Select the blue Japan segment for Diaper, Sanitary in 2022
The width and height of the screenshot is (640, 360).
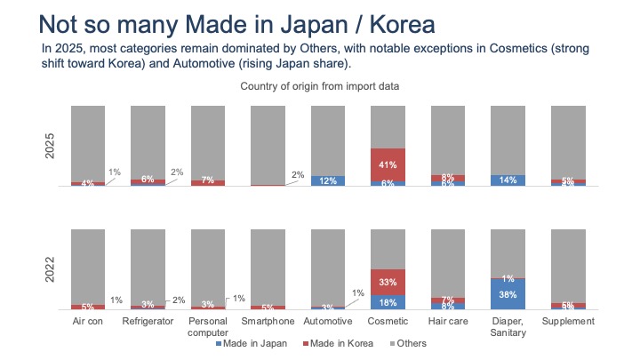coord(508,293)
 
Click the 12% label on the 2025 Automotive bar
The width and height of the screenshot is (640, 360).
coord(327,181)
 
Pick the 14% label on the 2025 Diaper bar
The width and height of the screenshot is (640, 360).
coord(508,180)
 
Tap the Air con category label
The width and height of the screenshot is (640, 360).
coord(87,321)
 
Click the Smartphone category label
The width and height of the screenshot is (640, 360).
coord(267,321)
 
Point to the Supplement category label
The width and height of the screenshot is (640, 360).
coord(568,321)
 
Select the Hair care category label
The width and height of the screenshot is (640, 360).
coord(448,321)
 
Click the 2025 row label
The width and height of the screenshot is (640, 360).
coord(52,146)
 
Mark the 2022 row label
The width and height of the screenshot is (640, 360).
coord(52,268)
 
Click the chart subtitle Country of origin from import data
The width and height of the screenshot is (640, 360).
coord(319,86)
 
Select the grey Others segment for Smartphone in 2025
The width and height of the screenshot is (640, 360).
coord(267,142)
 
